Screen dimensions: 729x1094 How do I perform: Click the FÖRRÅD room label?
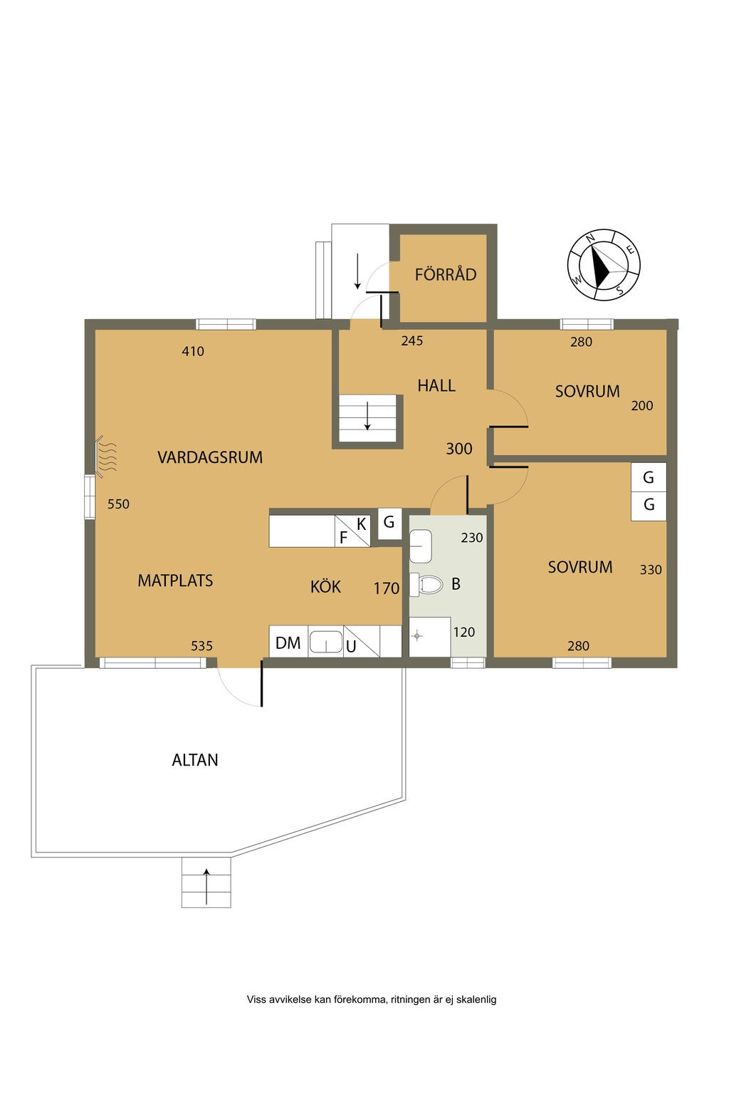tap(446, 274)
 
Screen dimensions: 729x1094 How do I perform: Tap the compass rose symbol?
tap(604, 265)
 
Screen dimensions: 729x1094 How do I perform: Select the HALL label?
tap(436, 386)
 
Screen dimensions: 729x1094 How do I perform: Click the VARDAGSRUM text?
tap(210, 457)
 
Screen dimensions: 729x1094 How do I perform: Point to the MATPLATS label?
tap(175, 580)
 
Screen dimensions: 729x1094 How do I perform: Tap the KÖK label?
tap(325, 586)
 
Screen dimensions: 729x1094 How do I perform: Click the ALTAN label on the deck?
tap(195, 759)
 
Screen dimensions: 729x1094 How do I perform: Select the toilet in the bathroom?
tap(426, 585)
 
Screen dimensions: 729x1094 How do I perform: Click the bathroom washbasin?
tap(421, 546)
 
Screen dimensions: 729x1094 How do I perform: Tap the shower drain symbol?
tap(416, 636)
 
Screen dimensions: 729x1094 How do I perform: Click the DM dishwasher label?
tap(288, 642)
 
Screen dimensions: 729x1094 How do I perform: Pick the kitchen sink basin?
tap(325, 641)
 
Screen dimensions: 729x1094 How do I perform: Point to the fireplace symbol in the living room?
tap(106, 457)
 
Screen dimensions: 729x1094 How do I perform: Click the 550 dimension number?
tap(118, 504)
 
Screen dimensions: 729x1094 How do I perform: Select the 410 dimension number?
tap(193, 351)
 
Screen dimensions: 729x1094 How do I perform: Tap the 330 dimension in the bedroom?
tap(651, 570)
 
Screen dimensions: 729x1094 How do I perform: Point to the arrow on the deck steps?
tap(206, 886)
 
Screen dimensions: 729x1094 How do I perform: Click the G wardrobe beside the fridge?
tap(389, 523)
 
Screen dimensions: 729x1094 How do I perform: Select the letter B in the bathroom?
tap(456, 583)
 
